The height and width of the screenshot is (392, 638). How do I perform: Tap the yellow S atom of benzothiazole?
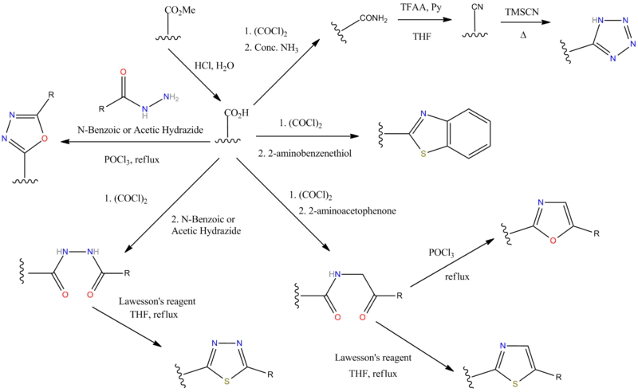(424, 153)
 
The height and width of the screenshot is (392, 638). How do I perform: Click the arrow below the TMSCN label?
(526, 24)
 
